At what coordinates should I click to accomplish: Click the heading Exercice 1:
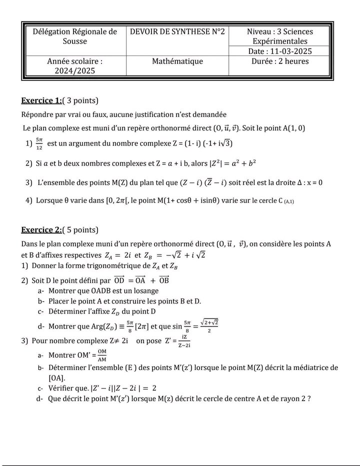point(41,100)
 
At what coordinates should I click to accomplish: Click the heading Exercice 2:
point(41,230)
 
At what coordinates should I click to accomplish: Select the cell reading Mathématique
point(177,61)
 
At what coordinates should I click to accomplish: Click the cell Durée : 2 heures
point(280,61)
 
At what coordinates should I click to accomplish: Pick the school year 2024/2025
point(75,71)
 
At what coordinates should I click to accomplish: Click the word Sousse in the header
point(75,41)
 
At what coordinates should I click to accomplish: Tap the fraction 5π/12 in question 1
point(39,143)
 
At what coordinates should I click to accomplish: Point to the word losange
point(145,290)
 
